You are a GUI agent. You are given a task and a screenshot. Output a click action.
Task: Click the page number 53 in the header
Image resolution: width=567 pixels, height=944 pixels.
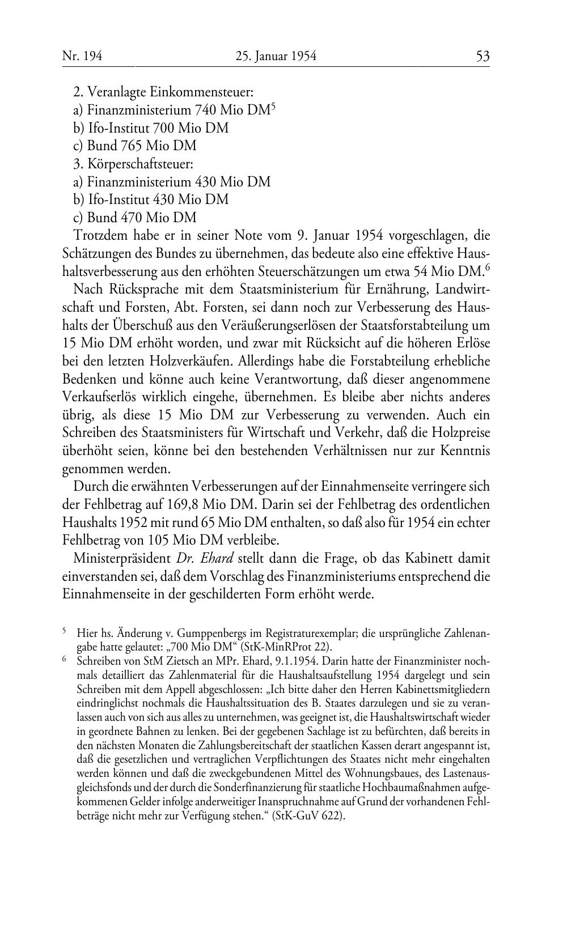click(483, 56)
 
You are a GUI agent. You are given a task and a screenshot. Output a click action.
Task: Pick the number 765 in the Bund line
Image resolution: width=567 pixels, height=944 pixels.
click(130, 146)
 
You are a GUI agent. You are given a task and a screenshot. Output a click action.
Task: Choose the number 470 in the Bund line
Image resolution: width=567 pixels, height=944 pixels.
click(130, 218)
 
